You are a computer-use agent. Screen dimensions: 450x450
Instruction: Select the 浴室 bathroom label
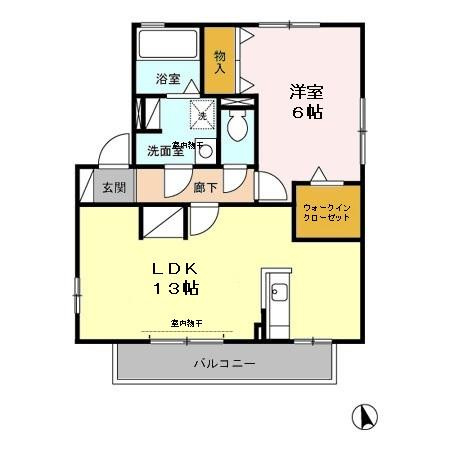click(x=167, y=79)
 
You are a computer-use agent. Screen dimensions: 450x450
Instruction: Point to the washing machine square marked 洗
click(x=202, y=116)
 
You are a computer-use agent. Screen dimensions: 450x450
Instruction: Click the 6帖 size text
click(x=306, y=113)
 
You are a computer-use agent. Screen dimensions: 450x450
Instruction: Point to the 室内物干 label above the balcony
click(x=186, y=323)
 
